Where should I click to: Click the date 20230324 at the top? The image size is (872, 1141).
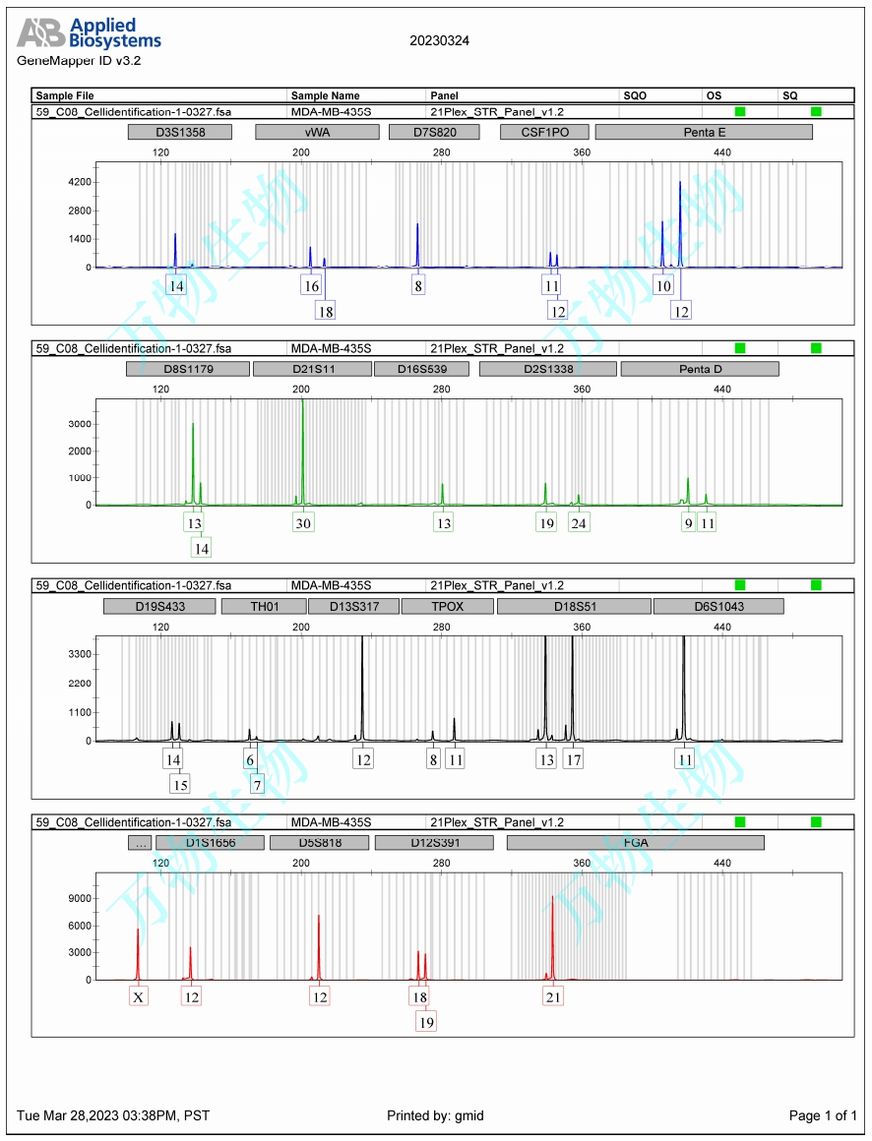(x=439, y=40)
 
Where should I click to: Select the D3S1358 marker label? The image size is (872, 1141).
(x=180, y=132)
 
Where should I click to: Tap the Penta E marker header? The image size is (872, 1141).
(x=704, y=132)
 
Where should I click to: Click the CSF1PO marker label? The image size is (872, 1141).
(x=542, y=132)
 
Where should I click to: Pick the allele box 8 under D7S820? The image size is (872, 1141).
(x=419, y=285)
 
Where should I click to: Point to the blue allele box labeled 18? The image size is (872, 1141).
(x=326, y=310)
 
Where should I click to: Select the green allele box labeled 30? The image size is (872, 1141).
(x=303, y=523)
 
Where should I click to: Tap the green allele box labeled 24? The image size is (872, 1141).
(x=579, y=523)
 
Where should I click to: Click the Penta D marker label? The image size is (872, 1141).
(x=700, y=369)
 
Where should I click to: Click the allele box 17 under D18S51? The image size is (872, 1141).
(x=574, y=759)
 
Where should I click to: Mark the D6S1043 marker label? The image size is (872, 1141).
(x=718, y=606)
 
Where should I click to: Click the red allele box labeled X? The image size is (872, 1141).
(x=139, y=996)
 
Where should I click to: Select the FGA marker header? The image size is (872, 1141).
(x=636, y=843)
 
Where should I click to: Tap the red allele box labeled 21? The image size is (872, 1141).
(x=553, y=996)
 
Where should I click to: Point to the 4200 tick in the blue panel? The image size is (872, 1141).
(x=79, y=182)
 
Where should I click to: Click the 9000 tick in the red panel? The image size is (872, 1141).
(x=79, y=898)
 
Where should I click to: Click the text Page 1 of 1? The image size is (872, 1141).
(x=823, y=1115)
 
